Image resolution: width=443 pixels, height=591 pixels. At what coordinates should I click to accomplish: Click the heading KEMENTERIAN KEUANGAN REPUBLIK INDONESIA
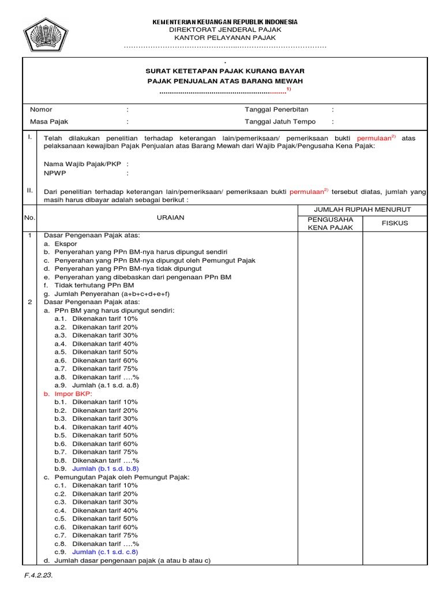click(x=225, y=22)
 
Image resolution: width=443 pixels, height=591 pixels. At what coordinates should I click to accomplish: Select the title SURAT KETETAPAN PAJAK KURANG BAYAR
click(x=225, y=70)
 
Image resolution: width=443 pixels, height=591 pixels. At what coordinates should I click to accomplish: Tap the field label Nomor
click(x=41, y=110)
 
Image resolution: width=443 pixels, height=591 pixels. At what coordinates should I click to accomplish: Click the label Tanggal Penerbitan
click(x=276, y=110)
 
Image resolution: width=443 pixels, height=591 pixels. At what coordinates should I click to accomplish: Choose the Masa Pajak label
click(x=49, y=122)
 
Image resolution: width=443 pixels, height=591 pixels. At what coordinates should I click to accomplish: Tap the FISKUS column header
click(x=395, y=223)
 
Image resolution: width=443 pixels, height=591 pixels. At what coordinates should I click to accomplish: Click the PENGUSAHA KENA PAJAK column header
click(x=330, y=223)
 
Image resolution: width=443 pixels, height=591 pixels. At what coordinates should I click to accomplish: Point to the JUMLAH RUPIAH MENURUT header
click(x=362, y=209)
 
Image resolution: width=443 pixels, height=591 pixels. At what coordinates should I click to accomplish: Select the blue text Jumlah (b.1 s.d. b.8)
click(x=104, y=469)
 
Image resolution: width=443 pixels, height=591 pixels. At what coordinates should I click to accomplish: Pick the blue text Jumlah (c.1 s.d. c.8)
click(x=104, y=552)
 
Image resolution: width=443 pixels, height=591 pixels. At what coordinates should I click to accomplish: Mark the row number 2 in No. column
click(x=29, y=302)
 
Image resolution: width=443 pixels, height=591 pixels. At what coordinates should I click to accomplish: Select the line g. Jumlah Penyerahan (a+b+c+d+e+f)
click(x=107, y=294)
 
